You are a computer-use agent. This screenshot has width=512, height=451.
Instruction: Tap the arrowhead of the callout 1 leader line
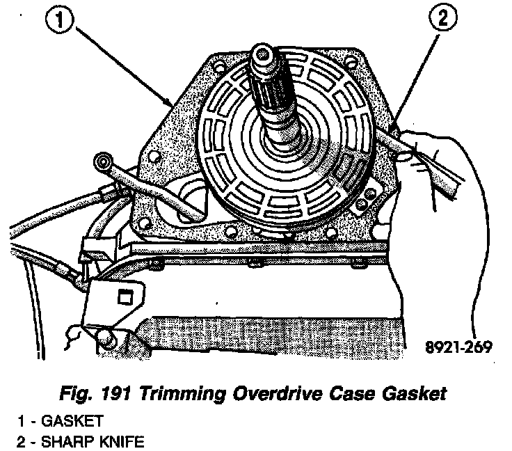(171, 104)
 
